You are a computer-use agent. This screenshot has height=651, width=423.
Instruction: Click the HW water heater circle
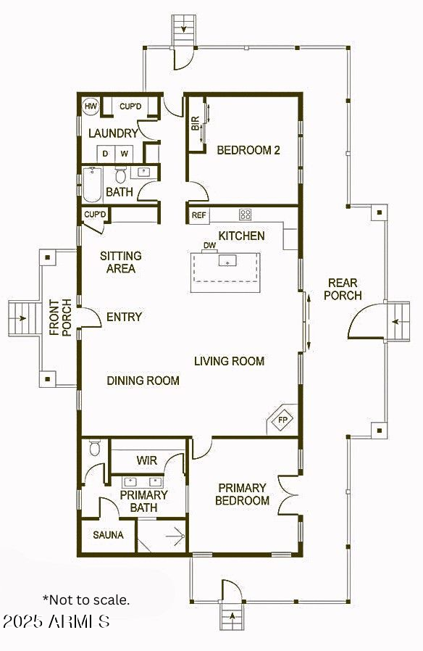tap(91, 106)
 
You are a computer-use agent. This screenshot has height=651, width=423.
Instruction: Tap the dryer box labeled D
tap(106, 154)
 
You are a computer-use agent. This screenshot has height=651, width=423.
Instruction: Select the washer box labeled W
tap(124, 154)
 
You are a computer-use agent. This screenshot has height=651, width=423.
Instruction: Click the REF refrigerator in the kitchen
tap(199, 215)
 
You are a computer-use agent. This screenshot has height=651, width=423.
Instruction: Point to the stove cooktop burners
tap(245, 215)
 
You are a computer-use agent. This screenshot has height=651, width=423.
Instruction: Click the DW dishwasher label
tap(210, 245)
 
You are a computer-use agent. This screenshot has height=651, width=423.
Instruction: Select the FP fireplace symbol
tap(282, 419)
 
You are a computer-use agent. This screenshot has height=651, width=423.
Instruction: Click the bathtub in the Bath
tap(92, 184)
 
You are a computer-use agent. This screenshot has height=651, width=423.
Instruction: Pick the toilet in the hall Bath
tap(121, 175)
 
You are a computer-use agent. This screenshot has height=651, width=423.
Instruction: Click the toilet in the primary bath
tap(95, 447)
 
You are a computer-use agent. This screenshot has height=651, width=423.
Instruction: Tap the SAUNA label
tap(108, 535)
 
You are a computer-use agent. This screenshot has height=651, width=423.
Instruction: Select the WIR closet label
tap(147, 460)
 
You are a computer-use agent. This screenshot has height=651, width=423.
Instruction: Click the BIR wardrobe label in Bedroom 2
tap(196, 123)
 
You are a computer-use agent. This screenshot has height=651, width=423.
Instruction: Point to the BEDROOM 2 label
tap(248, 150)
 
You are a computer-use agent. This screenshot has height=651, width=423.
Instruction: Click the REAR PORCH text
tap(343, 289)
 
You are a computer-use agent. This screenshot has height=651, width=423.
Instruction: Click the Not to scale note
tap(86, 600)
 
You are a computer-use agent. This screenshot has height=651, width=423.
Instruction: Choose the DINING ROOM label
tap(143, 381)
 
